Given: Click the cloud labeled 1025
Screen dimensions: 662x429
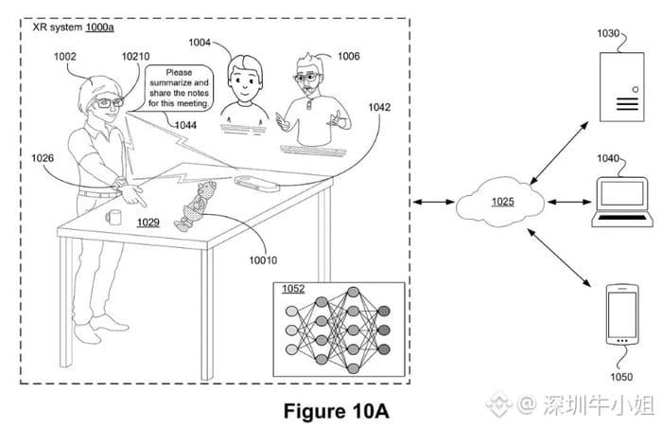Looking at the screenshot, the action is pyautogui.click(x=501, y=201).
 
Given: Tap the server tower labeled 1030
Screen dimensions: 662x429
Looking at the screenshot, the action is pyautogui.click(x=622, y=86).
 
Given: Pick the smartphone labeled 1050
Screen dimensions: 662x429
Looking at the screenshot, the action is pyautogui.click(x=622, y=314).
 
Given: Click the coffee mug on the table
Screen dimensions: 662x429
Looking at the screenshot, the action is pyautogui.click(x=113, y=217).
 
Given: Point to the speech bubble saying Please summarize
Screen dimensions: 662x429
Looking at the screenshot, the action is pyautogui.click(x=179, y=87).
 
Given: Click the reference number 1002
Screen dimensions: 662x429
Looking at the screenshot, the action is pyautogui.click(x=64, y=56).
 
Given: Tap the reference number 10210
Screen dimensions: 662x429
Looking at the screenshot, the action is pyautogui.click(x=135, y=56).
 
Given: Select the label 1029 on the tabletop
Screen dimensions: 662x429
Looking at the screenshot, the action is pyautogui.click(x=148, y=223).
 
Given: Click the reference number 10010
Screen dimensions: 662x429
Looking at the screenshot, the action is pyautogui.click(x=263, y=260).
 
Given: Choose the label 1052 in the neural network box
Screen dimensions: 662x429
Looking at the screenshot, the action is pyautogui.click(x=293, y=289).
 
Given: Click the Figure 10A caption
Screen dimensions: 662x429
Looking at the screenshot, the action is pyautogui.click(x=336, y=411).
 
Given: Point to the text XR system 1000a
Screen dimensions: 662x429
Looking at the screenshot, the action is pyautogui.click(x=73, y=27).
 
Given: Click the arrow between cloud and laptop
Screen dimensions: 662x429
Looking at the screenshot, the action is pyautogui.click(x=569, y=202).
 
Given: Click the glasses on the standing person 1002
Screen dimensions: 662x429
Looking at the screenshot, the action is pyautogui.click(x=109, y=102).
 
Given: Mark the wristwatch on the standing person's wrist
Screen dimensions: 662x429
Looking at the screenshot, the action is pyautogui.click(x=120, y=183).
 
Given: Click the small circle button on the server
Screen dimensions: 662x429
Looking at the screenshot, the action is pyautogui.click(x=635, y=90).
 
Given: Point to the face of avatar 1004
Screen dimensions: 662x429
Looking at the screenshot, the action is pyautogui.click(x=244, y=80).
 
